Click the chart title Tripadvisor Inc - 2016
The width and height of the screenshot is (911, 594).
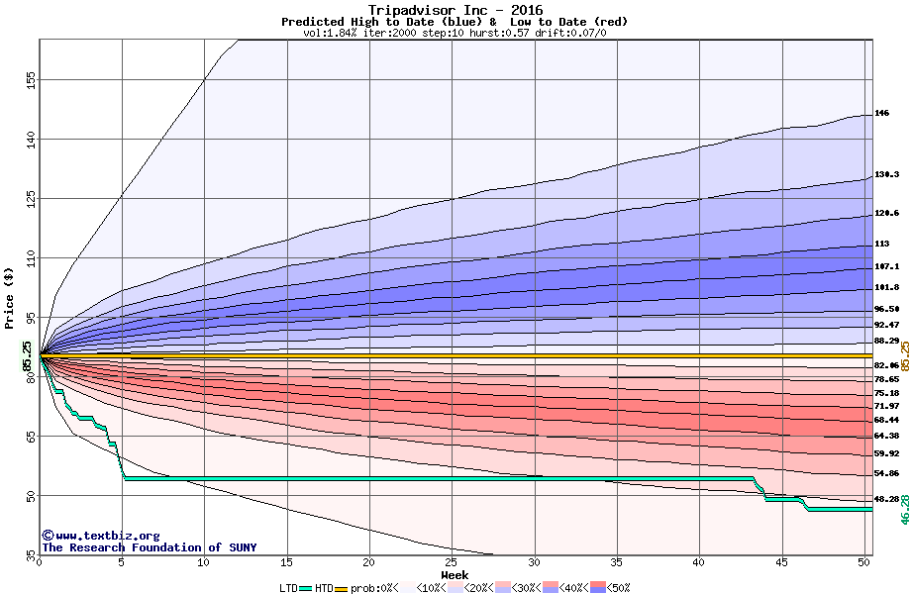(455, 10)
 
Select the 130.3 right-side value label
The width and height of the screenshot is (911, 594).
(886, 174)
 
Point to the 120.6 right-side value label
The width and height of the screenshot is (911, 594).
(886, 213)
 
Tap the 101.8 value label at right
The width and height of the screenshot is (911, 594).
(886, 287)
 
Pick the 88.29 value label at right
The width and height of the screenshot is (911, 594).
(886, 341)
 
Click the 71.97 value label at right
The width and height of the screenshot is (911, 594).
(886, 406)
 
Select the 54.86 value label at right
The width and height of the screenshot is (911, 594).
(886, 473)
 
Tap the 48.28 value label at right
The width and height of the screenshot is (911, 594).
(886, 499)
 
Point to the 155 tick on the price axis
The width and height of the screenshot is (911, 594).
(32, 79)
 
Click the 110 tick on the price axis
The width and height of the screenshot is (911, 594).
(32, 259)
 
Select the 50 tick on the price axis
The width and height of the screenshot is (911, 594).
(32, 495)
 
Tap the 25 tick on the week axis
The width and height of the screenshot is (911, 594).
(452, 562)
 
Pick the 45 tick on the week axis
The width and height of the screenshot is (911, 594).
(781, 562)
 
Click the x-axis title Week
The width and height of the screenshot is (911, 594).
(455, 575)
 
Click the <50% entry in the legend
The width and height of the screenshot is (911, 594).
(610, 588)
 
